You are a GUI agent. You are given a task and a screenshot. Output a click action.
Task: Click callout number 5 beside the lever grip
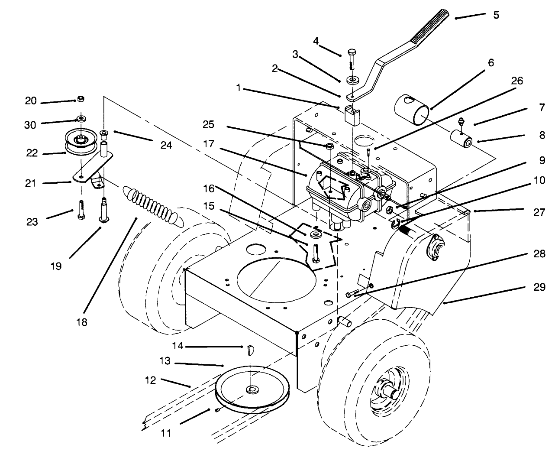[496, 15]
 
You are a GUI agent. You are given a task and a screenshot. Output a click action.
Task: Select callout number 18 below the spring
[81, 322]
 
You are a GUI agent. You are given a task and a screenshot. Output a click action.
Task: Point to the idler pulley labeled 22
[80, 142]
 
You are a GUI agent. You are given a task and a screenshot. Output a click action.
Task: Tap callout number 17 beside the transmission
[209, 143]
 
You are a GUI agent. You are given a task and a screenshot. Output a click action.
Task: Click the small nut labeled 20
[80, 100]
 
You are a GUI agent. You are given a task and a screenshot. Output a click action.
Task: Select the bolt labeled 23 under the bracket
[81, 209]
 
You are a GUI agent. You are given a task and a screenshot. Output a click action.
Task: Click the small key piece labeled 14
[250, 350]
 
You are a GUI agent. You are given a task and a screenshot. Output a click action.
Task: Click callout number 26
[517, 81]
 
